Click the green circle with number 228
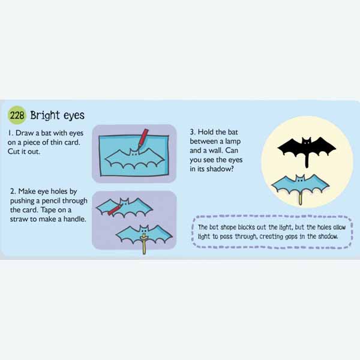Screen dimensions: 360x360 click(x=17, y=115)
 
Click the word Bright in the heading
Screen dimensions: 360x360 click(x=45, y=115)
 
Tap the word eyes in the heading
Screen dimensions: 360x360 click(x=74, y=116)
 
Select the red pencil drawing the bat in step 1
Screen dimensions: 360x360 click(x=143, y=140)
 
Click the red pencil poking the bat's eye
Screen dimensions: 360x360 click(x=115, y=210)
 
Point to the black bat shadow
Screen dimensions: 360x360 click(x=307, y=149)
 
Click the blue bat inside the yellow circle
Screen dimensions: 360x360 click(x=301, y=184)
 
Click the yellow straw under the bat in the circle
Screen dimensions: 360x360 click(x=301, y=199)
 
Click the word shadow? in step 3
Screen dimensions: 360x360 click(x=220, y=169)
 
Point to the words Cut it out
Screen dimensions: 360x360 click(x=24, y=152)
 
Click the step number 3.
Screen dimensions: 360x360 click(x=193, y=132)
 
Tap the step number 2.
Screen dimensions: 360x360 click(x=13, y=191)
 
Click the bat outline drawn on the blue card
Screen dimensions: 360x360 click(x=134, y=159)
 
